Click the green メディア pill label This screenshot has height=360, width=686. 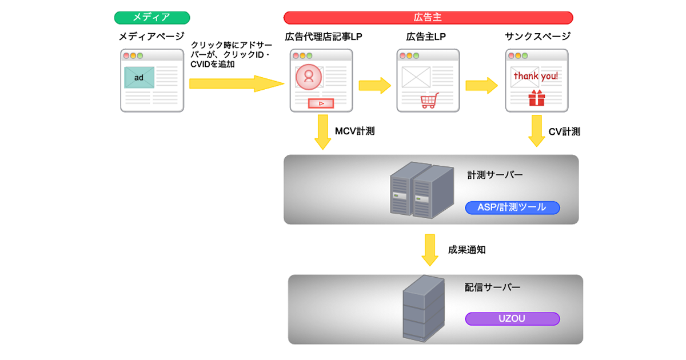151,18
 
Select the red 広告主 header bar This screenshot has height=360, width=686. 428,18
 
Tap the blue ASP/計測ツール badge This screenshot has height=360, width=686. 512,207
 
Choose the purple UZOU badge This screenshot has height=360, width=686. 512,319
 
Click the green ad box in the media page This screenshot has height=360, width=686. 139,78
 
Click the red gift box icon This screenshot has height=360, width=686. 537,98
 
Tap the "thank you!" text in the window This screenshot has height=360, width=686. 536,76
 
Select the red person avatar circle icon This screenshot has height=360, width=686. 309,77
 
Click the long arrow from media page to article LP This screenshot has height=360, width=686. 236,83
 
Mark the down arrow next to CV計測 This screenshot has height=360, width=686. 536,131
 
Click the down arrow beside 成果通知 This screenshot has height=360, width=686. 430,250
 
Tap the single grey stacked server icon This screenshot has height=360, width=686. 423,309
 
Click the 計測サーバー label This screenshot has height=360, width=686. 495,175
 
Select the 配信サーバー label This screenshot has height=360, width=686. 492,287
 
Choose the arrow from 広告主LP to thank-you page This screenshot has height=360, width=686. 481,85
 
